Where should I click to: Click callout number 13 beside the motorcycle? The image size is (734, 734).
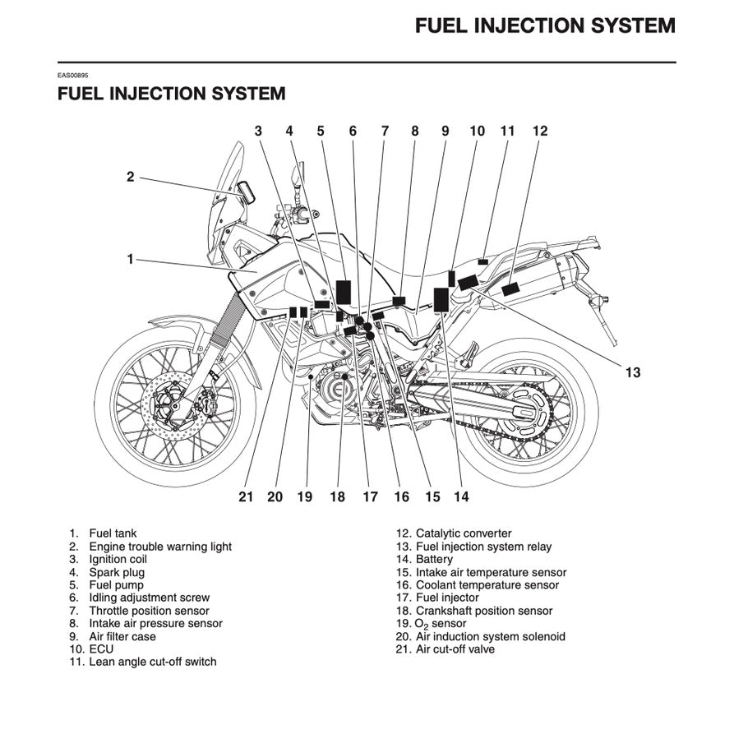632,372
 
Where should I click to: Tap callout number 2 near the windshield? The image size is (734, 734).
130,176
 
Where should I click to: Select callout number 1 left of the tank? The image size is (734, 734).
130,259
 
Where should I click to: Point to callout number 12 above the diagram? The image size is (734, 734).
539,131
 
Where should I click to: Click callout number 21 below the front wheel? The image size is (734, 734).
247,496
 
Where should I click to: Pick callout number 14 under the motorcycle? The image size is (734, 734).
461,496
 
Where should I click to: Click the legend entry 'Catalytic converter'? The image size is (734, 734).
463,533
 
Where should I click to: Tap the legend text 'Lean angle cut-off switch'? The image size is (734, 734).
153,662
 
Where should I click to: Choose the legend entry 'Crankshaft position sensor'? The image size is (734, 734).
484,611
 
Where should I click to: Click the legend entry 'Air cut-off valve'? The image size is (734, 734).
455,649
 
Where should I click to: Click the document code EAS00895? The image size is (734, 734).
73,76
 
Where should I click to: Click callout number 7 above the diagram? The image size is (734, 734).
384,131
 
